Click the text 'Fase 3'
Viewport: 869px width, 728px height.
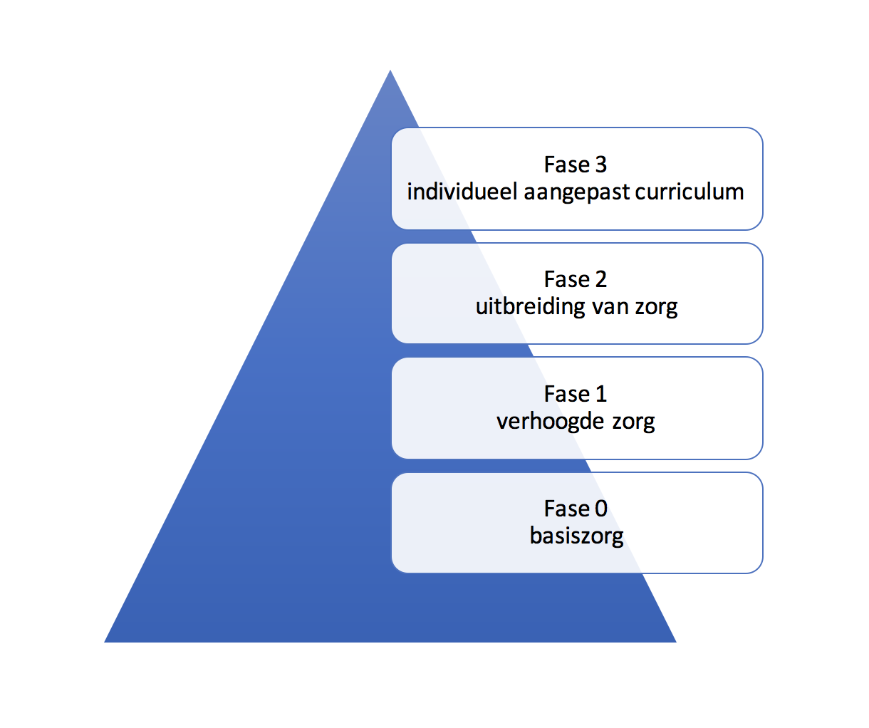(x=575, y=165)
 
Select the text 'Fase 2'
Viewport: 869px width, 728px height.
(x=575, y=279)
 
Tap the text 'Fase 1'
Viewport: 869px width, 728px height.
(x=575, y=394)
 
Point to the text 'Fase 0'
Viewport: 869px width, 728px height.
(x=575, y=509)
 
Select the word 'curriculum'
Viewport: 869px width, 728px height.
(x=689, y=192)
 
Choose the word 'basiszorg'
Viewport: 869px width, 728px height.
(x=576, y=536)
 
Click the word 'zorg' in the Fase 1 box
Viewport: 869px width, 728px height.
(x=633, y=422)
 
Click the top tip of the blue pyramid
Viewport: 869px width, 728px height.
(x=390, y=72)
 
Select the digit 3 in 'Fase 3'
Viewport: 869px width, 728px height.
(x=600, y=165)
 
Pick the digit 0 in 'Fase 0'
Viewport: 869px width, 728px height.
(x=600, y=509)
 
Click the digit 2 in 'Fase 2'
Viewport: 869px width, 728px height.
(x=600, y=279)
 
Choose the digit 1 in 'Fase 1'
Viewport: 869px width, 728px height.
(x=600, y=394)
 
